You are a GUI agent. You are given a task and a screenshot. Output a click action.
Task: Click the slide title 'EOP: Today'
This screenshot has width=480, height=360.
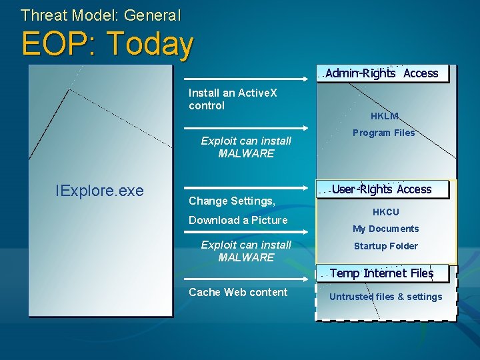click(107, 44)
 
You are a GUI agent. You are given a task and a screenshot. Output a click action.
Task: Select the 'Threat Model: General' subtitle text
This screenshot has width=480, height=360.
click(101, 14)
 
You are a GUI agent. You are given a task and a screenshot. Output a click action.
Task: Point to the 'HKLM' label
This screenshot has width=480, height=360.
click(384, 117)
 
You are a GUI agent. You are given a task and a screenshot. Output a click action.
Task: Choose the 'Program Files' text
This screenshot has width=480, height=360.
click(383, 133)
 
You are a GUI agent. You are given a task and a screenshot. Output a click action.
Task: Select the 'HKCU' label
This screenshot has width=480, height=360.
click(385, 212)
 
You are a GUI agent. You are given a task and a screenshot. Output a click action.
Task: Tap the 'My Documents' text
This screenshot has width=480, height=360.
click(385, 229)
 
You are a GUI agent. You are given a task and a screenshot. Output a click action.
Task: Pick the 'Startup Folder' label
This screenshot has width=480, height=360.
click(385, 246)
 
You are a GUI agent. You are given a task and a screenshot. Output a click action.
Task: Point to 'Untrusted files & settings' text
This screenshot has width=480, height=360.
click(385, 297)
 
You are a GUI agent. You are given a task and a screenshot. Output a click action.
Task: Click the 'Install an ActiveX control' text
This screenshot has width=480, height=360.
click(233, 99)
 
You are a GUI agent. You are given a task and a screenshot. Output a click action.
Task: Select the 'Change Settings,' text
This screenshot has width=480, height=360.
click(232, 201)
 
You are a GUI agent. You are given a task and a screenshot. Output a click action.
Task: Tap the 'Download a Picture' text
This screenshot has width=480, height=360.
click(238, 220)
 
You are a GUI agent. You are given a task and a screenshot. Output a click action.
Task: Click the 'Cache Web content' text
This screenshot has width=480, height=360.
click(238, 292)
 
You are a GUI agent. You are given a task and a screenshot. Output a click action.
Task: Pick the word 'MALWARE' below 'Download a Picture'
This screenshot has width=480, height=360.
click(246, 257)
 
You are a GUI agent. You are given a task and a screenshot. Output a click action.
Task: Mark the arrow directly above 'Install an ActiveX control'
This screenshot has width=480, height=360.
click(246, 79)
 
